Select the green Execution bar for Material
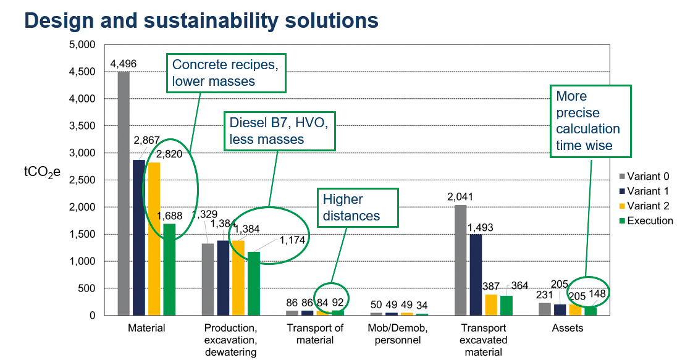coord(169,270)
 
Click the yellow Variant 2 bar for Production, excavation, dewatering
coord(238,278)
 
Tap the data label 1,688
coord(170,216)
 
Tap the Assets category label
coord(567,328)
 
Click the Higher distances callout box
coord(351,207)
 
